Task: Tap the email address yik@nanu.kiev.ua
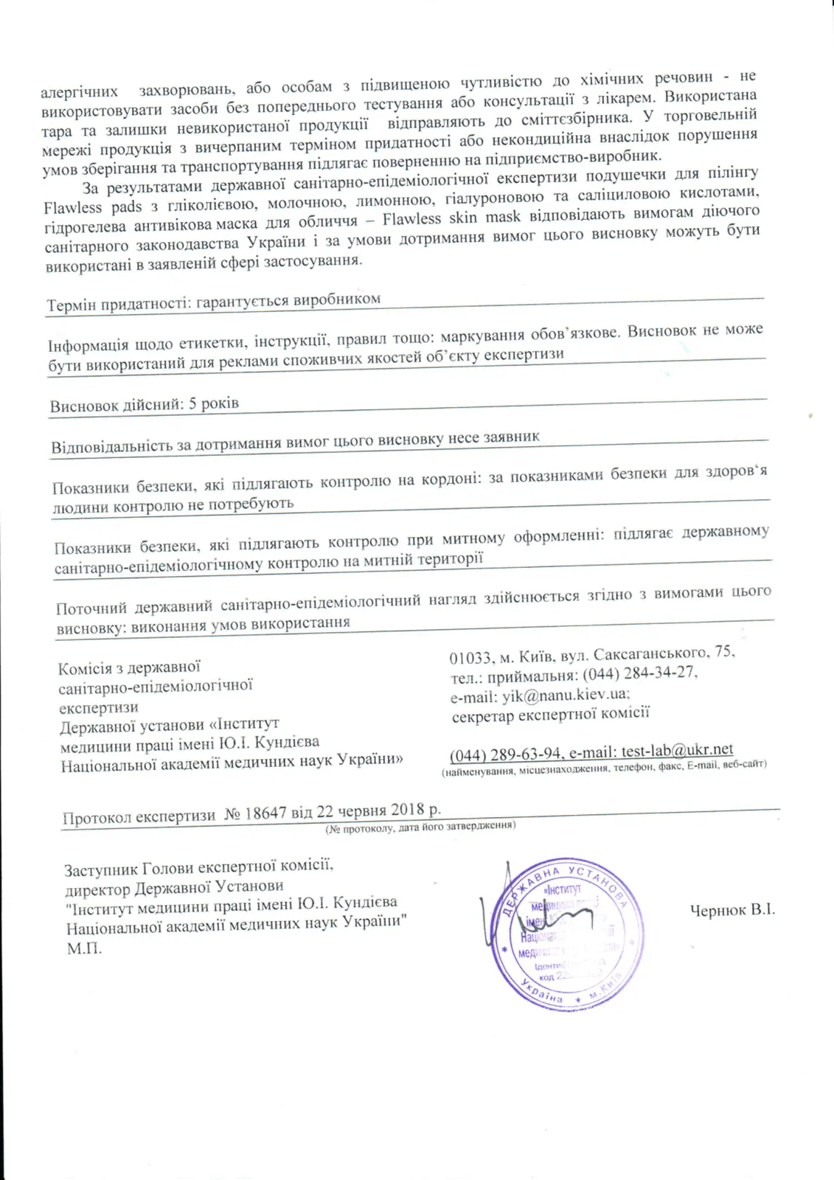pyautogui.click(x=566, y=695)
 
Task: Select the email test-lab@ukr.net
pyautogui.click(x=677, y=750)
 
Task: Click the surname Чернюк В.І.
pyautogui.click(x=732, y=910)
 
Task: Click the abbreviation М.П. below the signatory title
pyautogui.click(x=84, y=948)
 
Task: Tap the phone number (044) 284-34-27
pyautogui.click(x=639, y=673)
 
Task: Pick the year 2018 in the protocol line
pyautogui.click(x=408, y=810)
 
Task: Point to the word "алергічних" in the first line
pyautogui.click(x=79, y=92)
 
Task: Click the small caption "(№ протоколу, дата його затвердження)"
pyautogui.click(x=420, y=826)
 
